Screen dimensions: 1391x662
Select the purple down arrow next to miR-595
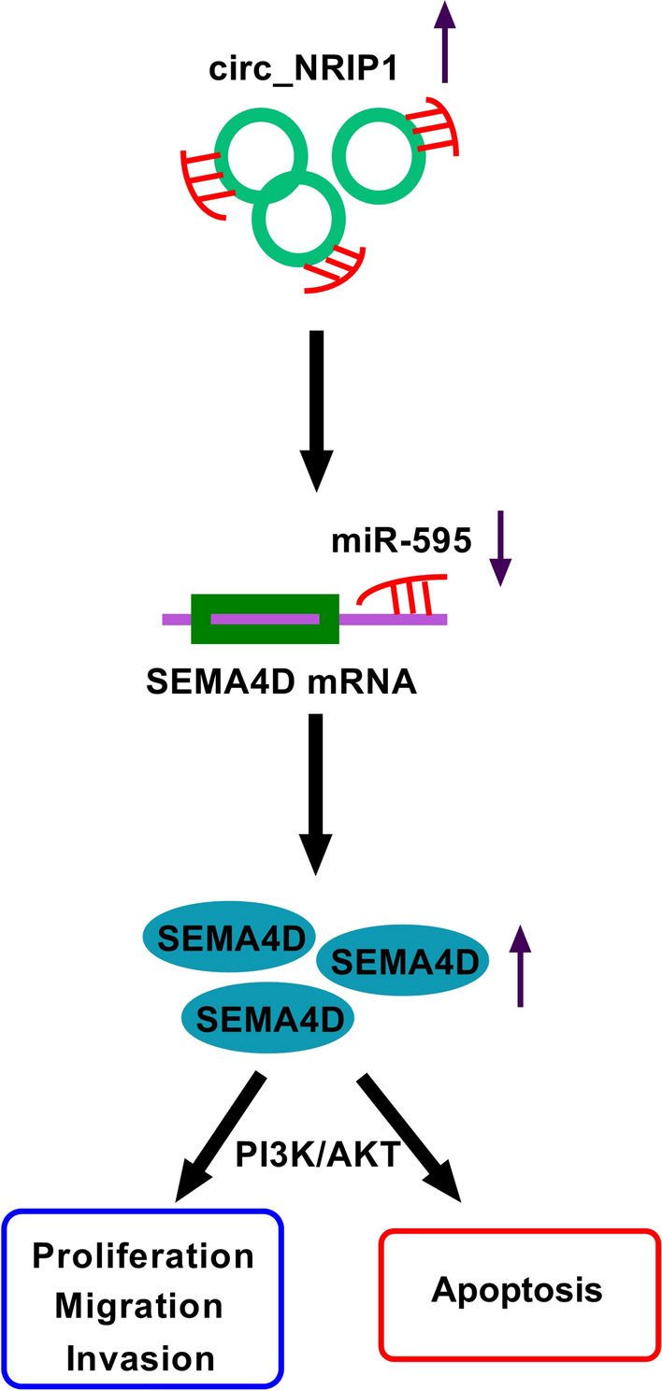tap(502, 547)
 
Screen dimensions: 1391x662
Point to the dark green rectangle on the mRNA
tap(265, 618)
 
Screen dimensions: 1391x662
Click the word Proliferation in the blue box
tap(143, 1256)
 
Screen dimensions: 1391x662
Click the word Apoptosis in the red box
tap(517, 1291)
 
